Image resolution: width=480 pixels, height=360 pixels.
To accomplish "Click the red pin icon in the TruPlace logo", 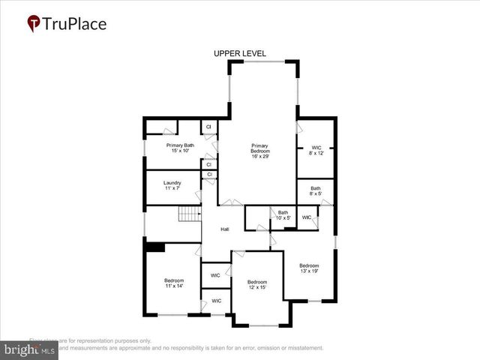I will tap(34, 24).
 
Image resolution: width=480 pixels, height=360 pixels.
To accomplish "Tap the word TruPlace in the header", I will tap(75, 24).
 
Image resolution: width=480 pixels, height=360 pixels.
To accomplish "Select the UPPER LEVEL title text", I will tap(239, 54).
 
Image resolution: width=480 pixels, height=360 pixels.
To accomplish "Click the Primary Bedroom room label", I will tap(259, 148).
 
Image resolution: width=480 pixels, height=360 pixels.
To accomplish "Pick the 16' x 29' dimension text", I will tap(259, 157).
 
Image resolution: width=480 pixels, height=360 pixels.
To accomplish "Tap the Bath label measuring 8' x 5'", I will tap(316, 191).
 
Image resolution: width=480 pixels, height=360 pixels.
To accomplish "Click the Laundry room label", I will tap(172, 181).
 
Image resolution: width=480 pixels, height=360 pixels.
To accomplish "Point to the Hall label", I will tap(224, 229).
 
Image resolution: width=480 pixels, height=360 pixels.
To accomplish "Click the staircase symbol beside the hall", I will tap(188, 215).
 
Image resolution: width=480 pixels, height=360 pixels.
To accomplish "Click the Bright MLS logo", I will tap(29, 349).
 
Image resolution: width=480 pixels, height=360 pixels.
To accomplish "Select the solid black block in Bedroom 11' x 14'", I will tap(155, 247).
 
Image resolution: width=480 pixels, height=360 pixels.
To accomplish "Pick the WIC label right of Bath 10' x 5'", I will tap(307, 217).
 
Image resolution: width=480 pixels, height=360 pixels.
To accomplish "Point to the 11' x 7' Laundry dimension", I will tap(172, 188).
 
